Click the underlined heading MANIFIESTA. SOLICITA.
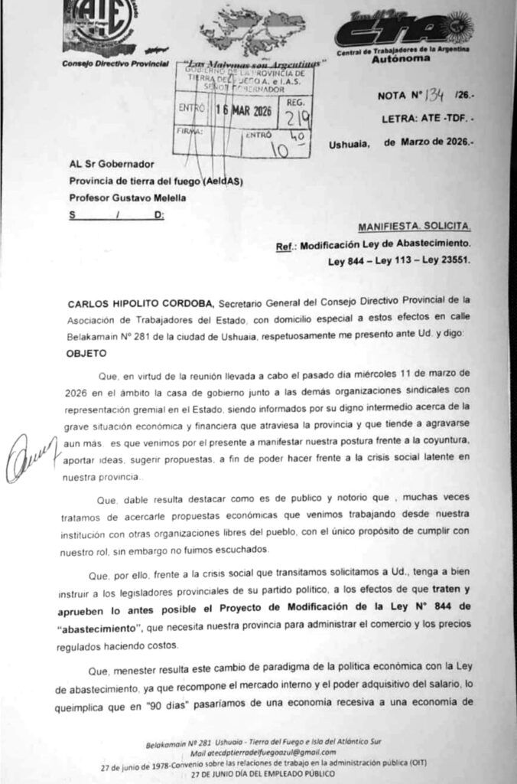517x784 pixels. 415,227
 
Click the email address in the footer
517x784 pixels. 258,754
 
